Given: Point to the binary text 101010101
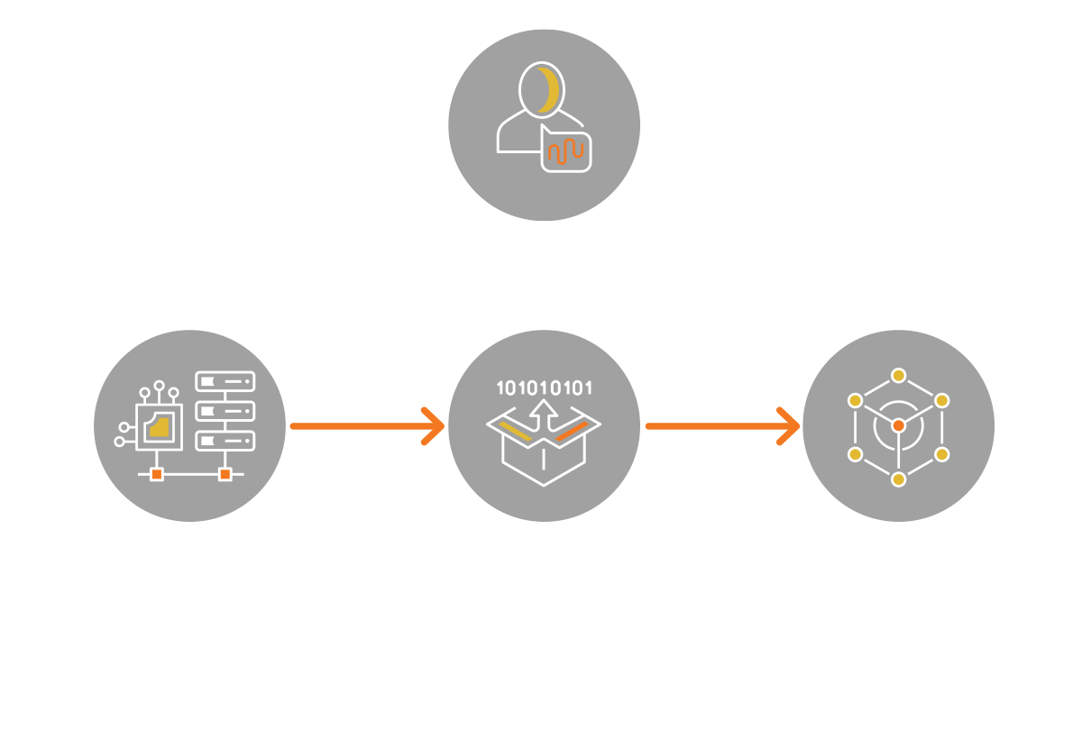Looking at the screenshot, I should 544,389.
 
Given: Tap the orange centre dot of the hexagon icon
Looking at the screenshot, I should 898,425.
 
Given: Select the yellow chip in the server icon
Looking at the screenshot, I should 160,427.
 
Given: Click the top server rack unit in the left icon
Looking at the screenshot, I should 225,382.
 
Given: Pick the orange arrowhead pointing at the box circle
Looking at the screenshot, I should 435,425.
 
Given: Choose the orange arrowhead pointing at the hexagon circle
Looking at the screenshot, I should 790,425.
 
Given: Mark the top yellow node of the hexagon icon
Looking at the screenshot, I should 898,375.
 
